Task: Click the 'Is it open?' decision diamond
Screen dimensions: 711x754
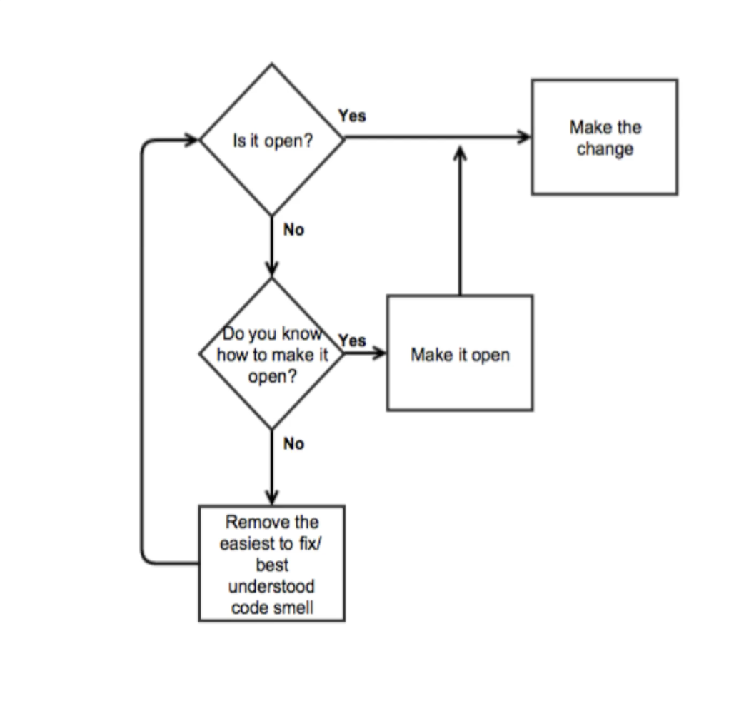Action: tap(272, 140)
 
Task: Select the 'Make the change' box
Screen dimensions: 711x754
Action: tap(604, 137)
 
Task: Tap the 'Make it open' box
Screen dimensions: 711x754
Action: tap(459, 353)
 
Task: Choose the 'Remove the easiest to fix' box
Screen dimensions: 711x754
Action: tap(272, 563)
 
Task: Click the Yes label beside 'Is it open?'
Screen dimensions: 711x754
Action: tap(353, 116)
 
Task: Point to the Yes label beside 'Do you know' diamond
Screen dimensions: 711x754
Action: tap(352, 341)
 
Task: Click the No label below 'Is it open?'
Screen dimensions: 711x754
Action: tap(293, 231)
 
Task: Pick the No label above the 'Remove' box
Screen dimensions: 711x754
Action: tap(293, 444)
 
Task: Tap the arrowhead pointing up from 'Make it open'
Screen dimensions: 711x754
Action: tap(460, 153)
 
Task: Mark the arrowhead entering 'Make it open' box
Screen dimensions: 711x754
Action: tap(380, 353)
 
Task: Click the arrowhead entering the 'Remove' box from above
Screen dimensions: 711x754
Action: tap(272, 498)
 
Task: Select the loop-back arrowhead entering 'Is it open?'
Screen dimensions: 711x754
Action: tap(193, 141)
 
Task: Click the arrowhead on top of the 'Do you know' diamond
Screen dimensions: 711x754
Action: tap(272, 269)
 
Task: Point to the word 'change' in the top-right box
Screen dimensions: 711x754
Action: tap(605, 149)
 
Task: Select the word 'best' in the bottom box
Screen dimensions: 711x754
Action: tap(272, 565)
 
